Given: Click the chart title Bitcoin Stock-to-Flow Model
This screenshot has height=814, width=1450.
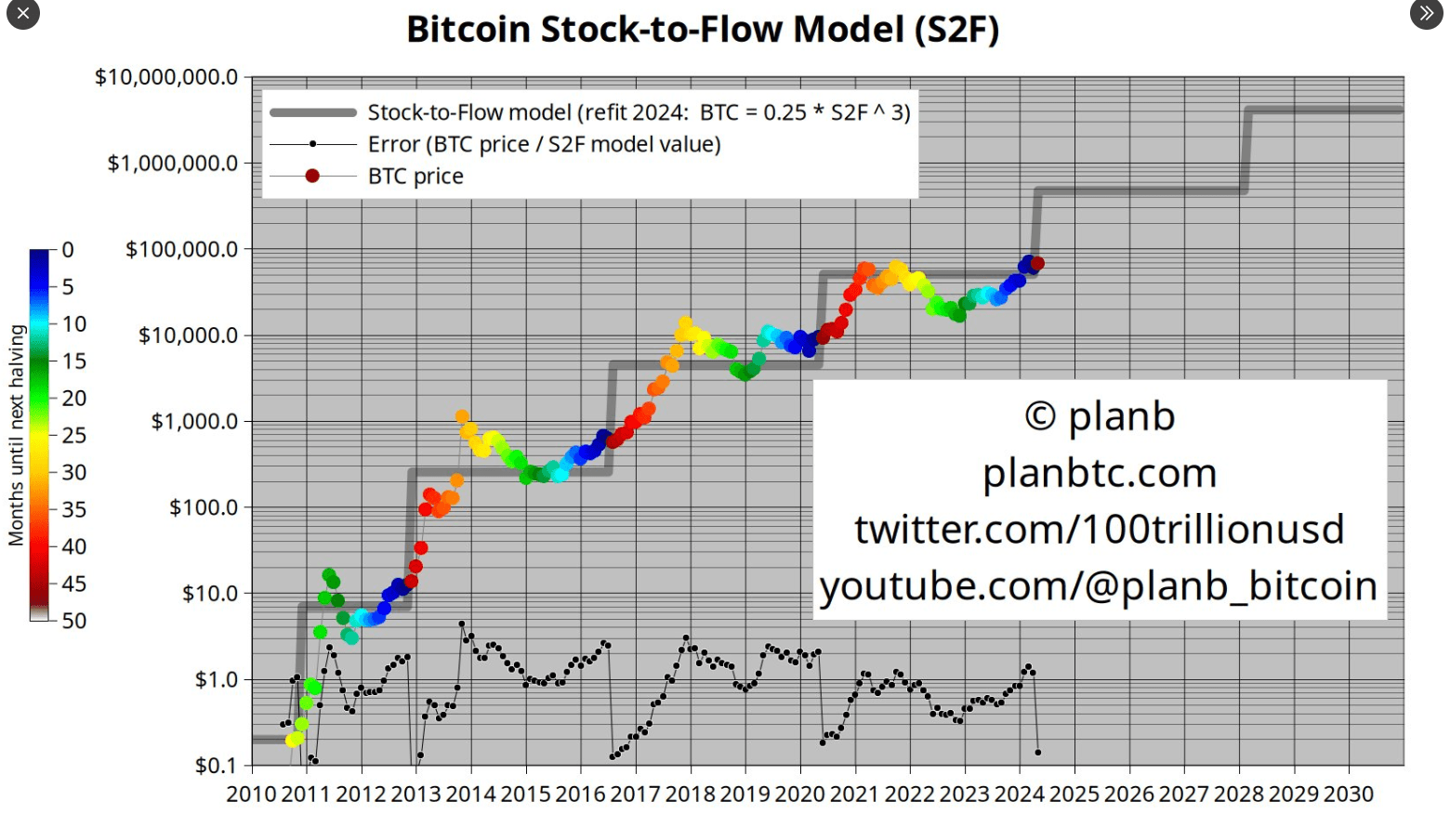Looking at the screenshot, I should point(703,30).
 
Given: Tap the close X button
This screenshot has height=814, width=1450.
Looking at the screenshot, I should point(23,14).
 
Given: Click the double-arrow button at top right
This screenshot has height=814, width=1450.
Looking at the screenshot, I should point(1426,14).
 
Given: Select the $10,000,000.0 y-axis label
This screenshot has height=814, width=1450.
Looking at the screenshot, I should point(166,77).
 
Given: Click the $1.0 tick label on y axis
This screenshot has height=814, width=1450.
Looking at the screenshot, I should point(216,679).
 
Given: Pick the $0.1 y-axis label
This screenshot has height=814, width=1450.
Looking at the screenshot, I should point(216,766).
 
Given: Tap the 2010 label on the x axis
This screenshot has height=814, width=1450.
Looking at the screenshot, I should point(251,794).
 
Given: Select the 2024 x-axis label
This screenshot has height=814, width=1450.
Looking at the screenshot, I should point(1020,794).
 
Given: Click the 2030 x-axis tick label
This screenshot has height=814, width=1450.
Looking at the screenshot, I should point(1349,794).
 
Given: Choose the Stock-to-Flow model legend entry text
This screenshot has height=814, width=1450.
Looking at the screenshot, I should point(639,112).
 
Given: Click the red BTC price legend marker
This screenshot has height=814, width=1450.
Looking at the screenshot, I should point(312,176).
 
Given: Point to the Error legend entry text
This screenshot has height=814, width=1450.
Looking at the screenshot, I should point(544,144).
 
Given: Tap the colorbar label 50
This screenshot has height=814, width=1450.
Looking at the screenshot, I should point(74,621).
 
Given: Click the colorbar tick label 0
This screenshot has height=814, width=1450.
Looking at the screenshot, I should point(68,250).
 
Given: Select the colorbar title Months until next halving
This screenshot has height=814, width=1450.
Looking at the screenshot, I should point(16,435).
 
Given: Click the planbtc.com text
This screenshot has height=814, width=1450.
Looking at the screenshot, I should point(1100,473).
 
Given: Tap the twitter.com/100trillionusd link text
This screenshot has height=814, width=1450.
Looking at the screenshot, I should point(1100,530).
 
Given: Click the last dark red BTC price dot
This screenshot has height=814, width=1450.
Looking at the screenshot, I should point(1037,264).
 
